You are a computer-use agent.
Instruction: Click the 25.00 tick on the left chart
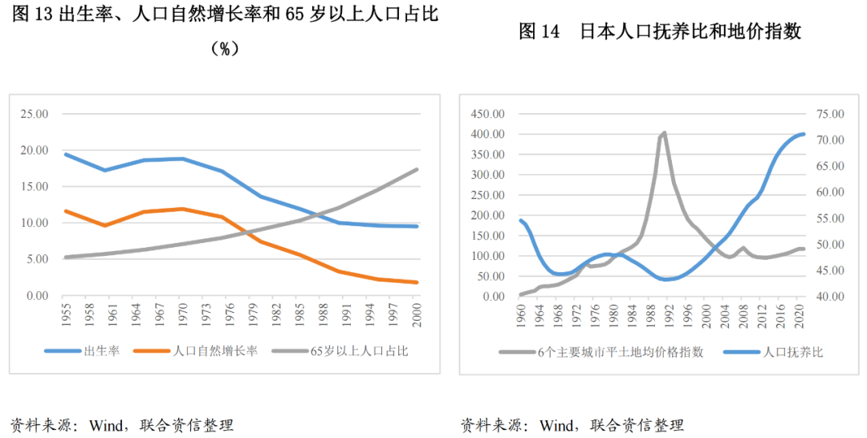[x=36, y=114]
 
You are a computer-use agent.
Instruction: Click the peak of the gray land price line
[x=664, y=132]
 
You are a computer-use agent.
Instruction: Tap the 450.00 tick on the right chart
[x=487, y=114]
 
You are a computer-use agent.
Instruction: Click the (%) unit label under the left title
[x=226, y=49]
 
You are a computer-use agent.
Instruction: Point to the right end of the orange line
[x=417, y=282]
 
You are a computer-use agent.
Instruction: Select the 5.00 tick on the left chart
[x=39, y=259]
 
